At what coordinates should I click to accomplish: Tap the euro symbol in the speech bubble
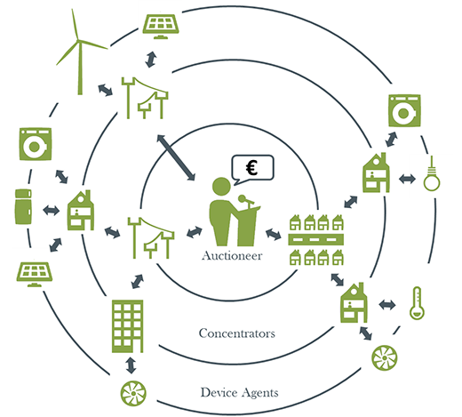point(251,167)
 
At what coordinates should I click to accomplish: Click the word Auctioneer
point(232,256)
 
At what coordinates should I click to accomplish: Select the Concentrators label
point(237,333)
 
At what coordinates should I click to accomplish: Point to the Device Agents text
point(239,392)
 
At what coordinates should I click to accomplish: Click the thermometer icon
point(417,303)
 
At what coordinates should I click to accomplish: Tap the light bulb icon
point(432,174)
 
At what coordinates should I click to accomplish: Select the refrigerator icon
point(23,206)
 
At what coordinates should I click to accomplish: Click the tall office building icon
point(128,326)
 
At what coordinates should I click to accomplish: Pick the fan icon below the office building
point(133,393)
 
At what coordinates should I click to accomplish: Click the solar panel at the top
point(161,27)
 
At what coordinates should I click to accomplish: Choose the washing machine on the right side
point(404,111)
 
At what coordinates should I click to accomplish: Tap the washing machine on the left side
point(36,144)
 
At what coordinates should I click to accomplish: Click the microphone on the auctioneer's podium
point(246,200)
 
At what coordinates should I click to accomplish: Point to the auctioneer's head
point(221,187)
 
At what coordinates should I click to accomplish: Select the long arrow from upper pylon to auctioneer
point(176,157)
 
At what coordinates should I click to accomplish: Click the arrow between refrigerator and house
point(51,211)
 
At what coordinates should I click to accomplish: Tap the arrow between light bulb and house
point(407,179)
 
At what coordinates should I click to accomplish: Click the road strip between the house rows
point(315,239)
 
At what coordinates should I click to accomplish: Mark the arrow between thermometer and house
point(387,305)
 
